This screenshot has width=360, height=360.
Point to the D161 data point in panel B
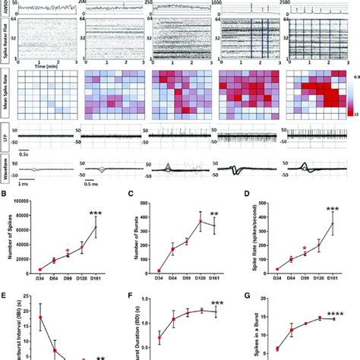click(96, 226)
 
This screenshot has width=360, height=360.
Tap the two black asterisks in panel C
click(216, 214)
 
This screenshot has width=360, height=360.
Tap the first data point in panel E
click(39, 318)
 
